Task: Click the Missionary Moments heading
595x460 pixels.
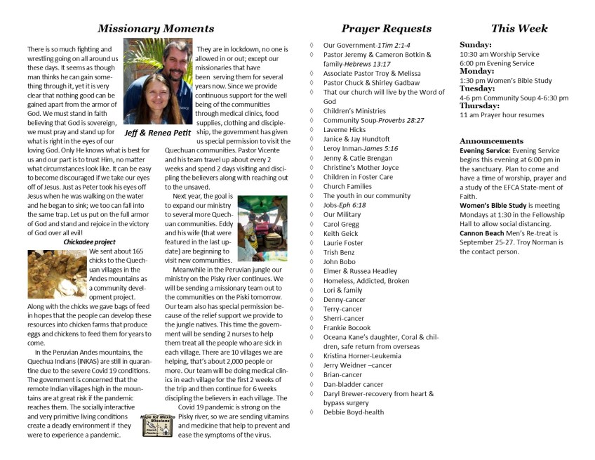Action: pyautogui.click(x=156, y=29)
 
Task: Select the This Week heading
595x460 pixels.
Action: pyautogui.click(x=519, y=29)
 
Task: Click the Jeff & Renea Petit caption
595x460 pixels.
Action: pyautogui.click(x=159, y=131)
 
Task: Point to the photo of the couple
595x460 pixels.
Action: pyautogui.click(x=158, y=81)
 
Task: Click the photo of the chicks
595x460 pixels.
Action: pyautogui.click(x=57, y=275)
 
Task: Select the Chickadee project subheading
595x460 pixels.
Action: pyautogui.click(x=89, y=242)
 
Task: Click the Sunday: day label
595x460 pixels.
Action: pyautogui.click(x=475, y=45)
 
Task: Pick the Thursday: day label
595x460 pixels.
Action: pyautogui.click(x=481, y=106)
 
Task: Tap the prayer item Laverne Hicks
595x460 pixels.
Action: pyautogui.click(x=344, y=130)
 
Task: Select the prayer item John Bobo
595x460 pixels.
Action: pyautogui.click(x=339, y=261)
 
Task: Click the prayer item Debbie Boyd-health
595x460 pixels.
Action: pyautogui.click(x=354, y=412)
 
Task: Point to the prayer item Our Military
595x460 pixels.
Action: pyautogui.click(x=342, y=214)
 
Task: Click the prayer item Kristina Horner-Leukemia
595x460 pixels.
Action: pyautogui.click(x=362, y=356)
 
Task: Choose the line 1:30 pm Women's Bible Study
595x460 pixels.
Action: pyautogui.click(x=505, y=81)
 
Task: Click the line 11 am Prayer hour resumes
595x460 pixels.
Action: pyautogui.click(x=501, y=114)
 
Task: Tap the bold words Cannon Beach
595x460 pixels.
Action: pyautogui.click(x=483, y=233)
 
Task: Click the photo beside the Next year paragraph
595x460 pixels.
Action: pyautogui.click(x=262, y=228)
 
